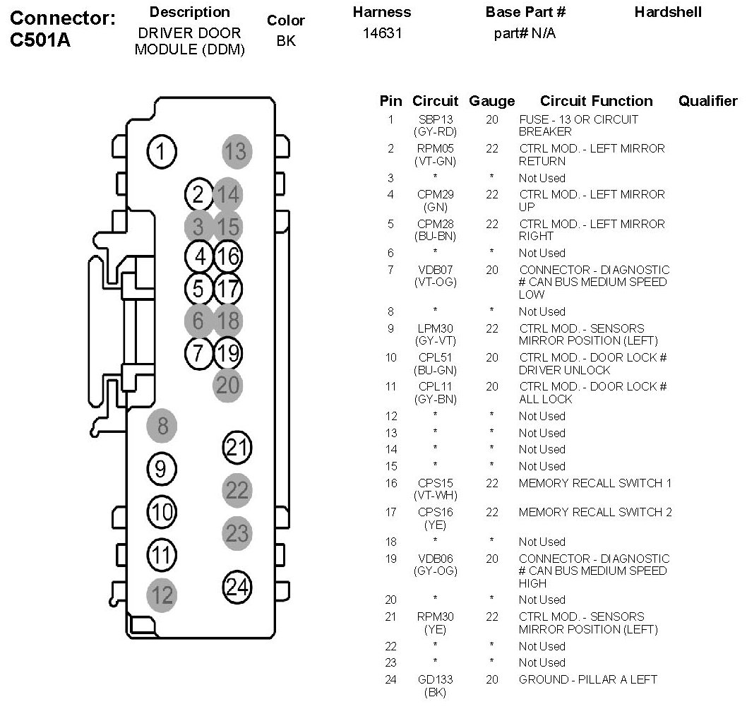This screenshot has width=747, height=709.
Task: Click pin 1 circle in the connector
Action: coord(162,151)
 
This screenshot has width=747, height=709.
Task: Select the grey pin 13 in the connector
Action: coord(237,151)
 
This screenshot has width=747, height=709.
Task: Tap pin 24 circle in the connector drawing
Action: coord(237,586)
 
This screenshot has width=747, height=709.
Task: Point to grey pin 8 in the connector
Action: coord(162,426)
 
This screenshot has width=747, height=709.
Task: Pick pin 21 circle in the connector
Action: coord(237,447)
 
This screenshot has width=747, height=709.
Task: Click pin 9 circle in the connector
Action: coord(162,468)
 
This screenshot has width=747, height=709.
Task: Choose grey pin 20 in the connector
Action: coord(228,384)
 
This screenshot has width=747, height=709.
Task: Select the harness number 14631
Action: coord(381,33)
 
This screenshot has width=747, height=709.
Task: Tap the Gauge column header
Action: coord(491,101)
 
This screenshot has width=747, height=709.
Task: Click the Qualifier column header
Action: coord(707,101)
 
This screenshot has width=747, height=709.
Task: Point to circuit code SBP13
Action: coord(435,119)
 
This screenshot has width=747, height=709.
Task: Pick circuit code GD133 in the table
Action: coord(435,679)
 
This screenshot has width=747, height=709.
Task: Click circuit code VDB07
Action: coord(435,270)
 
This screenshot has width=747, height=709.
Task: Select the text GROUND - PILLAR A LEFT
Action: coord(587,679)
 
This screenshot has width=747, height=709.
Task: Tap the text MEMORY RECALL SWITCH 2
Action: coord(595,512)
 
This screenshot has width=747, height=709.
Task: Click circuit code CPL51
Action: coord(435,357)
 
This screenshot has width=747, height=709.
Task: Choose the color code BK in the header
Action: coord(285,41)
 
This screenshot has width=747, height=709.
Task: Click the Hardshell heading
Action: coord(667,13)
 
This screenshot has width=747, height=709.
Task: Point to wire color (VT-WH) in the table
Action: coord(435,495)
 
